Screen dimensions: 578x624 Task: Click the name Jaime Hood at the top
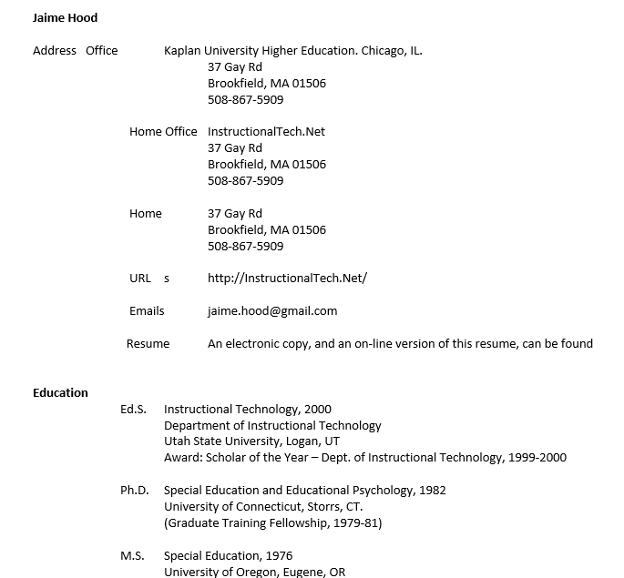65,17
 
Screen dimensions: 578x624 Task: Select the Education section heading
60,393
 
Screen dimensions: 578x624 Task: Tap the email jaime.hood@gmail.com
272,311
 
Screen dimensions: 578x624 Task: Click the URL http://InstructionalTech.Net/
287,279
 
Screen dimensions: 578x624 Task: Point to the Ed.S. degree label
133,410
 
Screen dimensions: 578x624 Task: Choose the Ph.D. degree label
134,491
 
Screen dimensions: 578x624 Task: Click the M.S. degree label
132,556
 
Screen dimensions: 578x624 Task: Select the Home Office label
163,132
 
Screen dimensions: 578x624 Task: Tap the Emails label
147,311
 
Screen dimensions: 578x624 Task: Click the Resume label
148,344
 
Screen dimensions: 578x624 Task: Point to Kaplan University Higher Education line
292,51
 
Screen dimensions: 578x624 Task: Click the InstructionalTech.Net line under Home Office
266,132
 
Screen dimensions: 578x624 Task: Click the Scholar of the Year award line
364,458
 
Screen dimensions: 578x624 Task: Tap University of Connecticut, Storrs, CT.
263,507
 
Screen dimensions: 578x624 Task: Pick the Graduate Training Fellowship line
272,523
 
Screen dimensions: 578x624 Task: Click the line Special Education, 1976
228,556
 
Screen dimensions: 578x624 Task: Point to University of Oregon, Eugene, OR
254,572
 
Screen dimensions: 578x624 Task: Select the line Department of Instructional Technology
272,426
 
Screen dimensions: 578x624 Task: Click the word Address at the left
55,51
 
